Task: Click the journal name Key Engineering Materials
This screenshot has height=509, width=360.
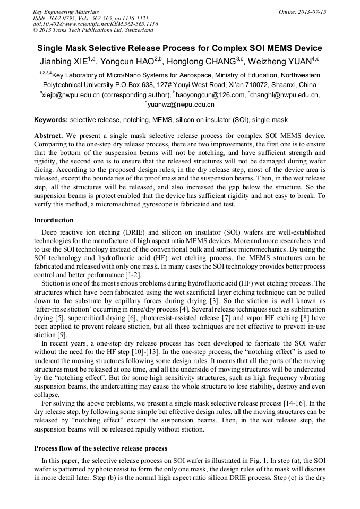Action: pos(65,12)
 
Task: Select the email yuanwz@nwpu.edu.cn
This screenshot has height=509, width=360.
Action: pos(182,105)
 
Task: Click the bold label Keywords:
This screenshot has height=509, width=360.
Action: pos(51,120)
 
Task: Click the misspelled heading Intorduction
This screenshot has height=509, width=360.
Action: pos(54,220)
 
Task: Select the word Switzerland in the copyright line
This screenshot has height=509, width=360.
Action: pos(135,30)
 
